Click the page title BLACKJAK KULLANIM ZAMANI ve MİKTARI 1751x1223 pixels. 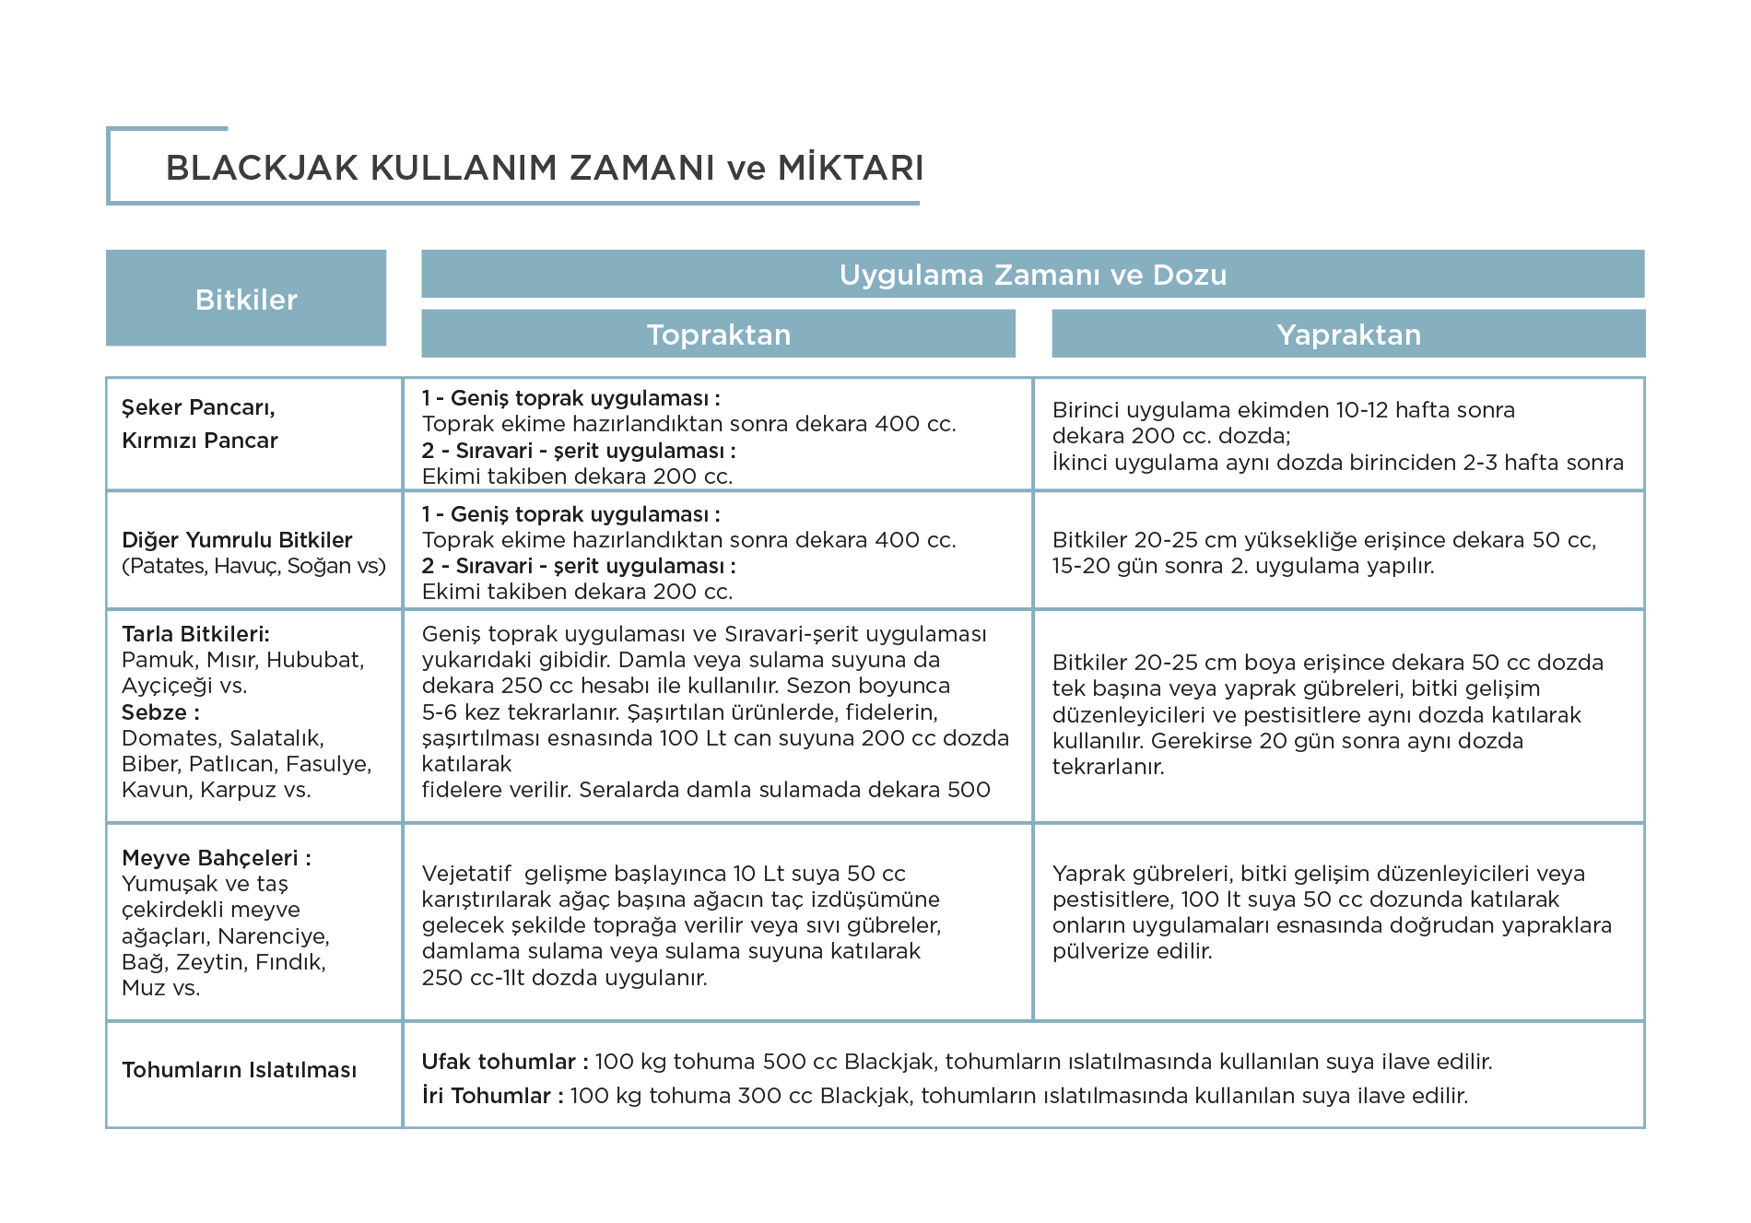tap(545, 168)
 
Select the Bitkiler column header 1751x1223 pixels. tap(246, 299)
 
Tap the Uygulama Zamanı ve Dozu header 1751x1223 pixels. tap(1033, 275)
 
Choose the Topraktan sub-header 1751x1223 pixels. tap(719, 334)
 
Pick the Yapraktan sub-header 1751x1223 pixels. tap(1348, 334)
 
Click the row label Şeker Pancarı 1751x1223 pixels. tap(199, 407)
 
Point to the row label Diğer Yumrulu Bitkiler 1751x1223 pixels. tap(237, 540)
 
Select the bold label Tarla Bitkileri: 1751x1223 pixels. tap(195, 634)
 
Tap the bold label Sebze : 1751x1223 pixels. tap(160, 712)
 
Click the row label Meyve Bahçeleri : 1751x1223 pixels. tap(217, 858)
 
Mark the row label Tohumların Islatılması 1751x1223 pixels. tap(239, 1070)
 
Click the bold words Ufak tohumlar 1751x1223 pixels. tap(499, 1062)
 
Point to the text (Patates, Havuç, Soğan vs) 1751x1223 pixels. tap(253, 566)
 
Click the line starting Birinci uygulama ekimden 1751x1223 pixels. tap(1284, 410)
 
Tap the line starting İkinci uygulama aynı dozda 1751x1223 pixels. tap(1338, 462)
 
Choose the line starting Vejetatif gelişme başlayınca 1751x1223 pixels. tap(664, 874)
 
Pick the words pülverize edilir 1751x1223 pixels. tap(1133, 951)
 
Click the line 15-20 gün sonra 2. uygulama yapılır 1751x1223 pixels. tap(1243, 566)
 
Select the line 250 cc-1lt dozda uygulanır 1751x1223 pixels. tap(565, 978)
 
